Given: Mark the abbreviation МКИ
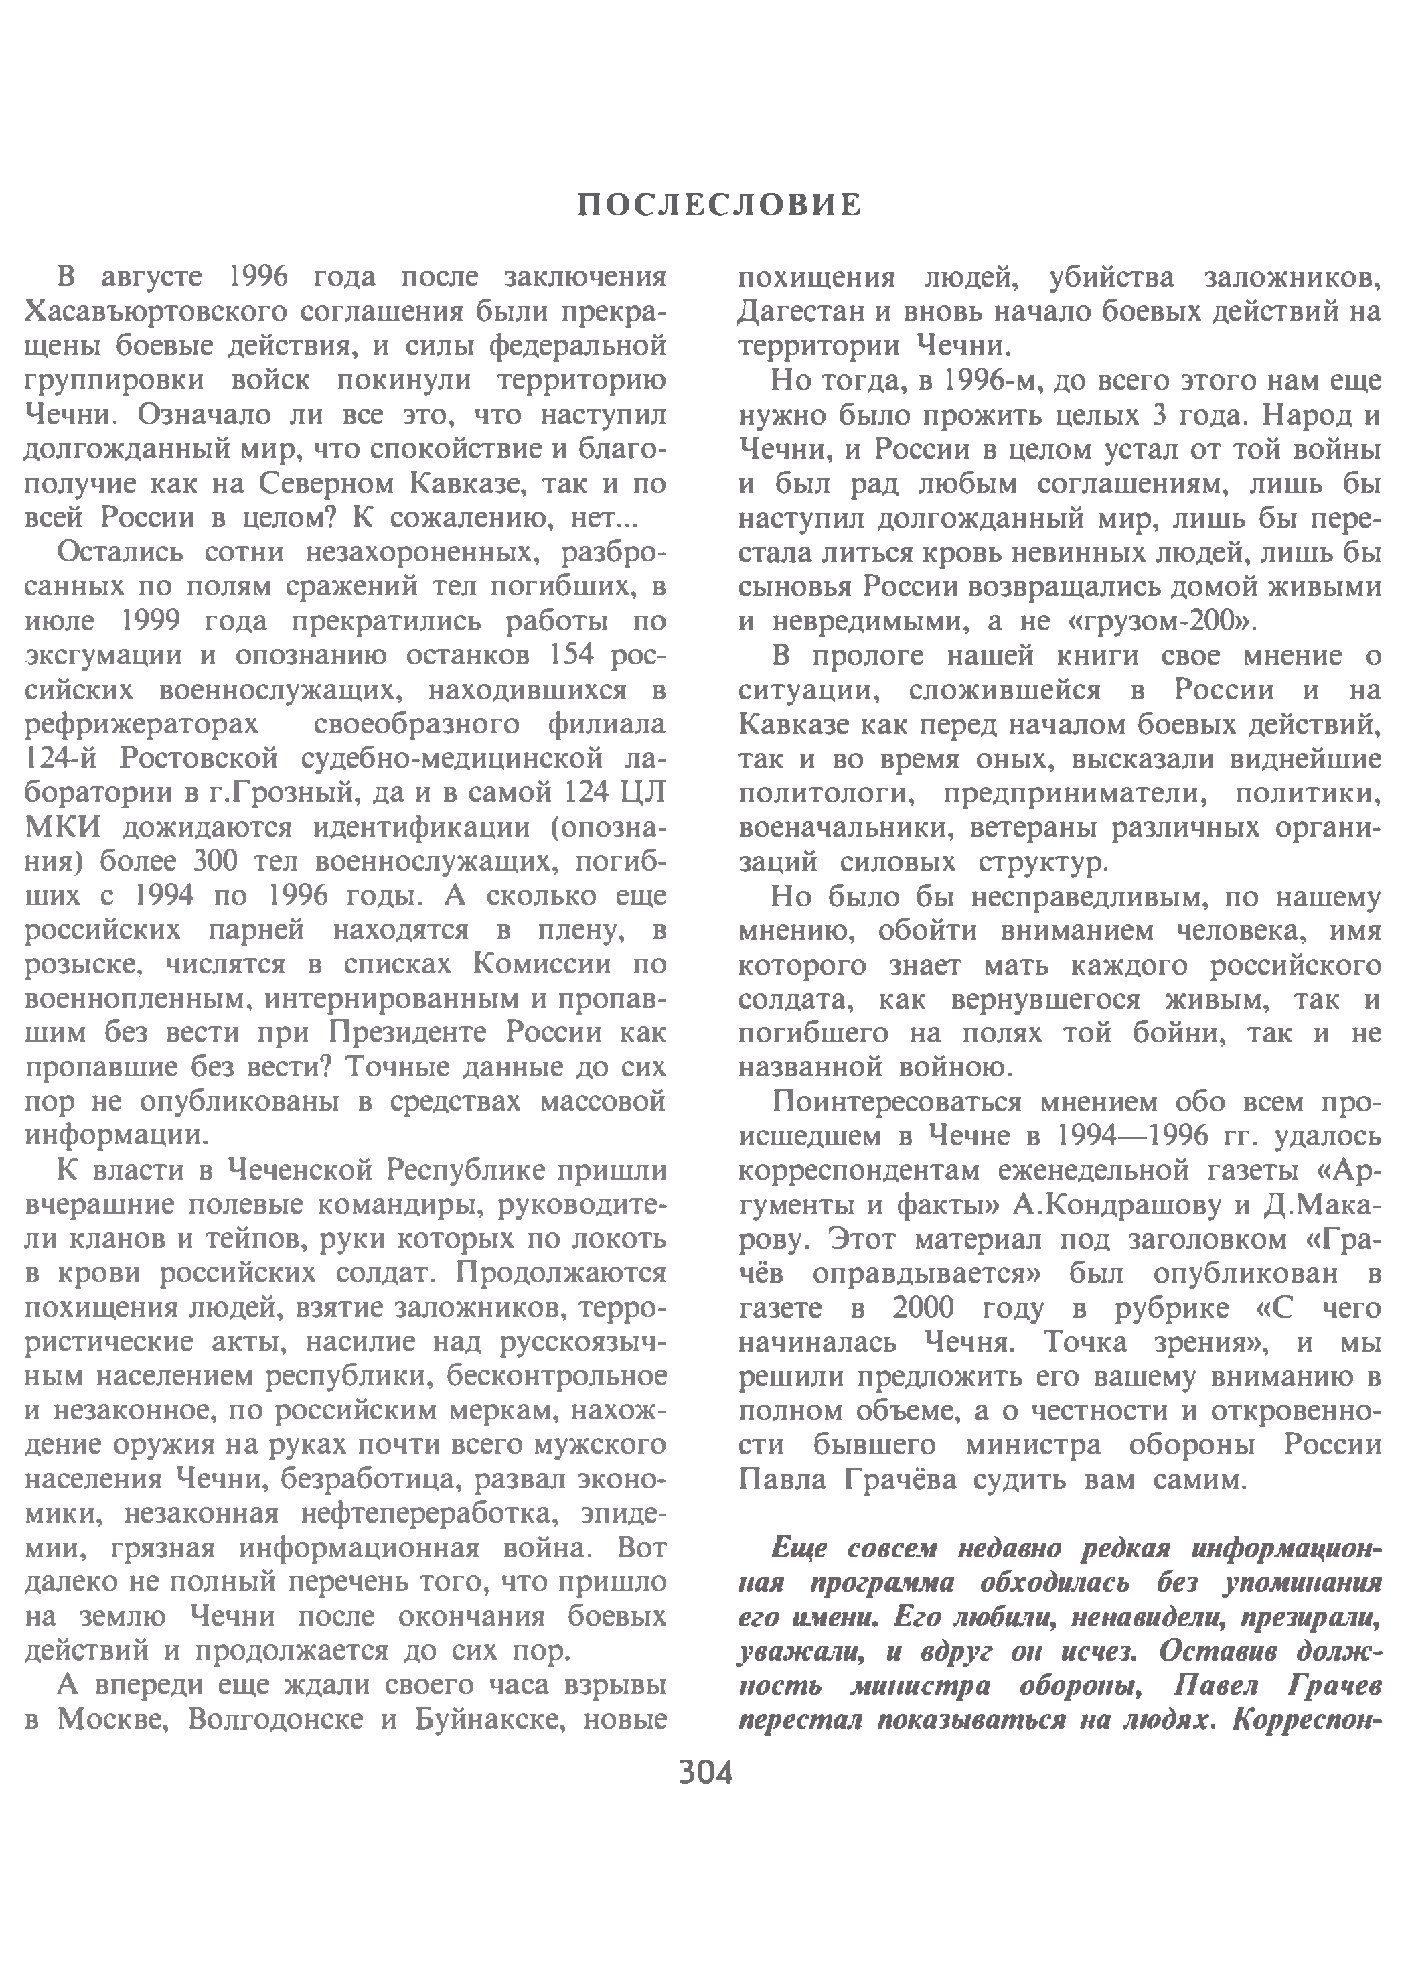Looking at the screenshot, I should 63,828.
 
